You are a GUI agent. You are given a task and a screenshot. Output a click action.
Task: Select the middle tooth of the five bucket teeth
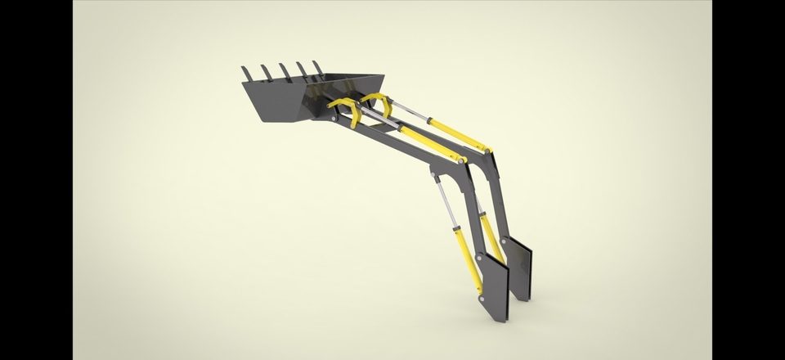tap(282, 70)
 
